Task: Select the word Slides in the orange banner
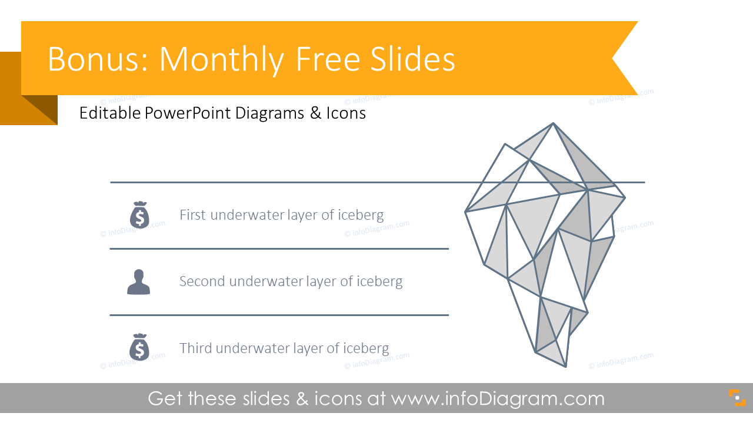(417, 59)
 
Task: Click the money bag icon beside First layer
(139, 215)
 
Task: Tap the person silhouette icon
(139, 282)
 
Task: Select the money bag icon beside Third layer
(139, 347)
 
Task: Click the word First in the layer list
(192, 215)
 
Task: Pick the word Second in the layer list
(202, 281)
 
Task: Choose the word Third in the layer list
(195, 348)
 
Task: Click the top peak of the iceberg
(553, 124)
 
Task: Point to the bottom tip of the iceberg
(565, 367)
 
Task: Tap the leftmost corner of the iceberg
(466, 211)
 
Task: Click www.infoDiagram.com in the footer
(498, 399)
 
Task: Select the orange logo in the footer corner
(737, 398)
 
